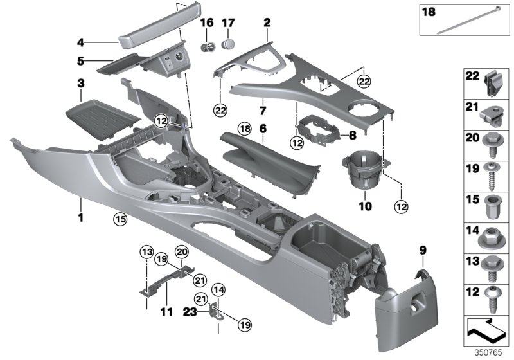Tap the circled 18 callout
(x=244, y=128)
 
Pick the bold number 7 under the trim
(x=261, y=111)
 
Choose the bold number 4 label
(x=81, y=43)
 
